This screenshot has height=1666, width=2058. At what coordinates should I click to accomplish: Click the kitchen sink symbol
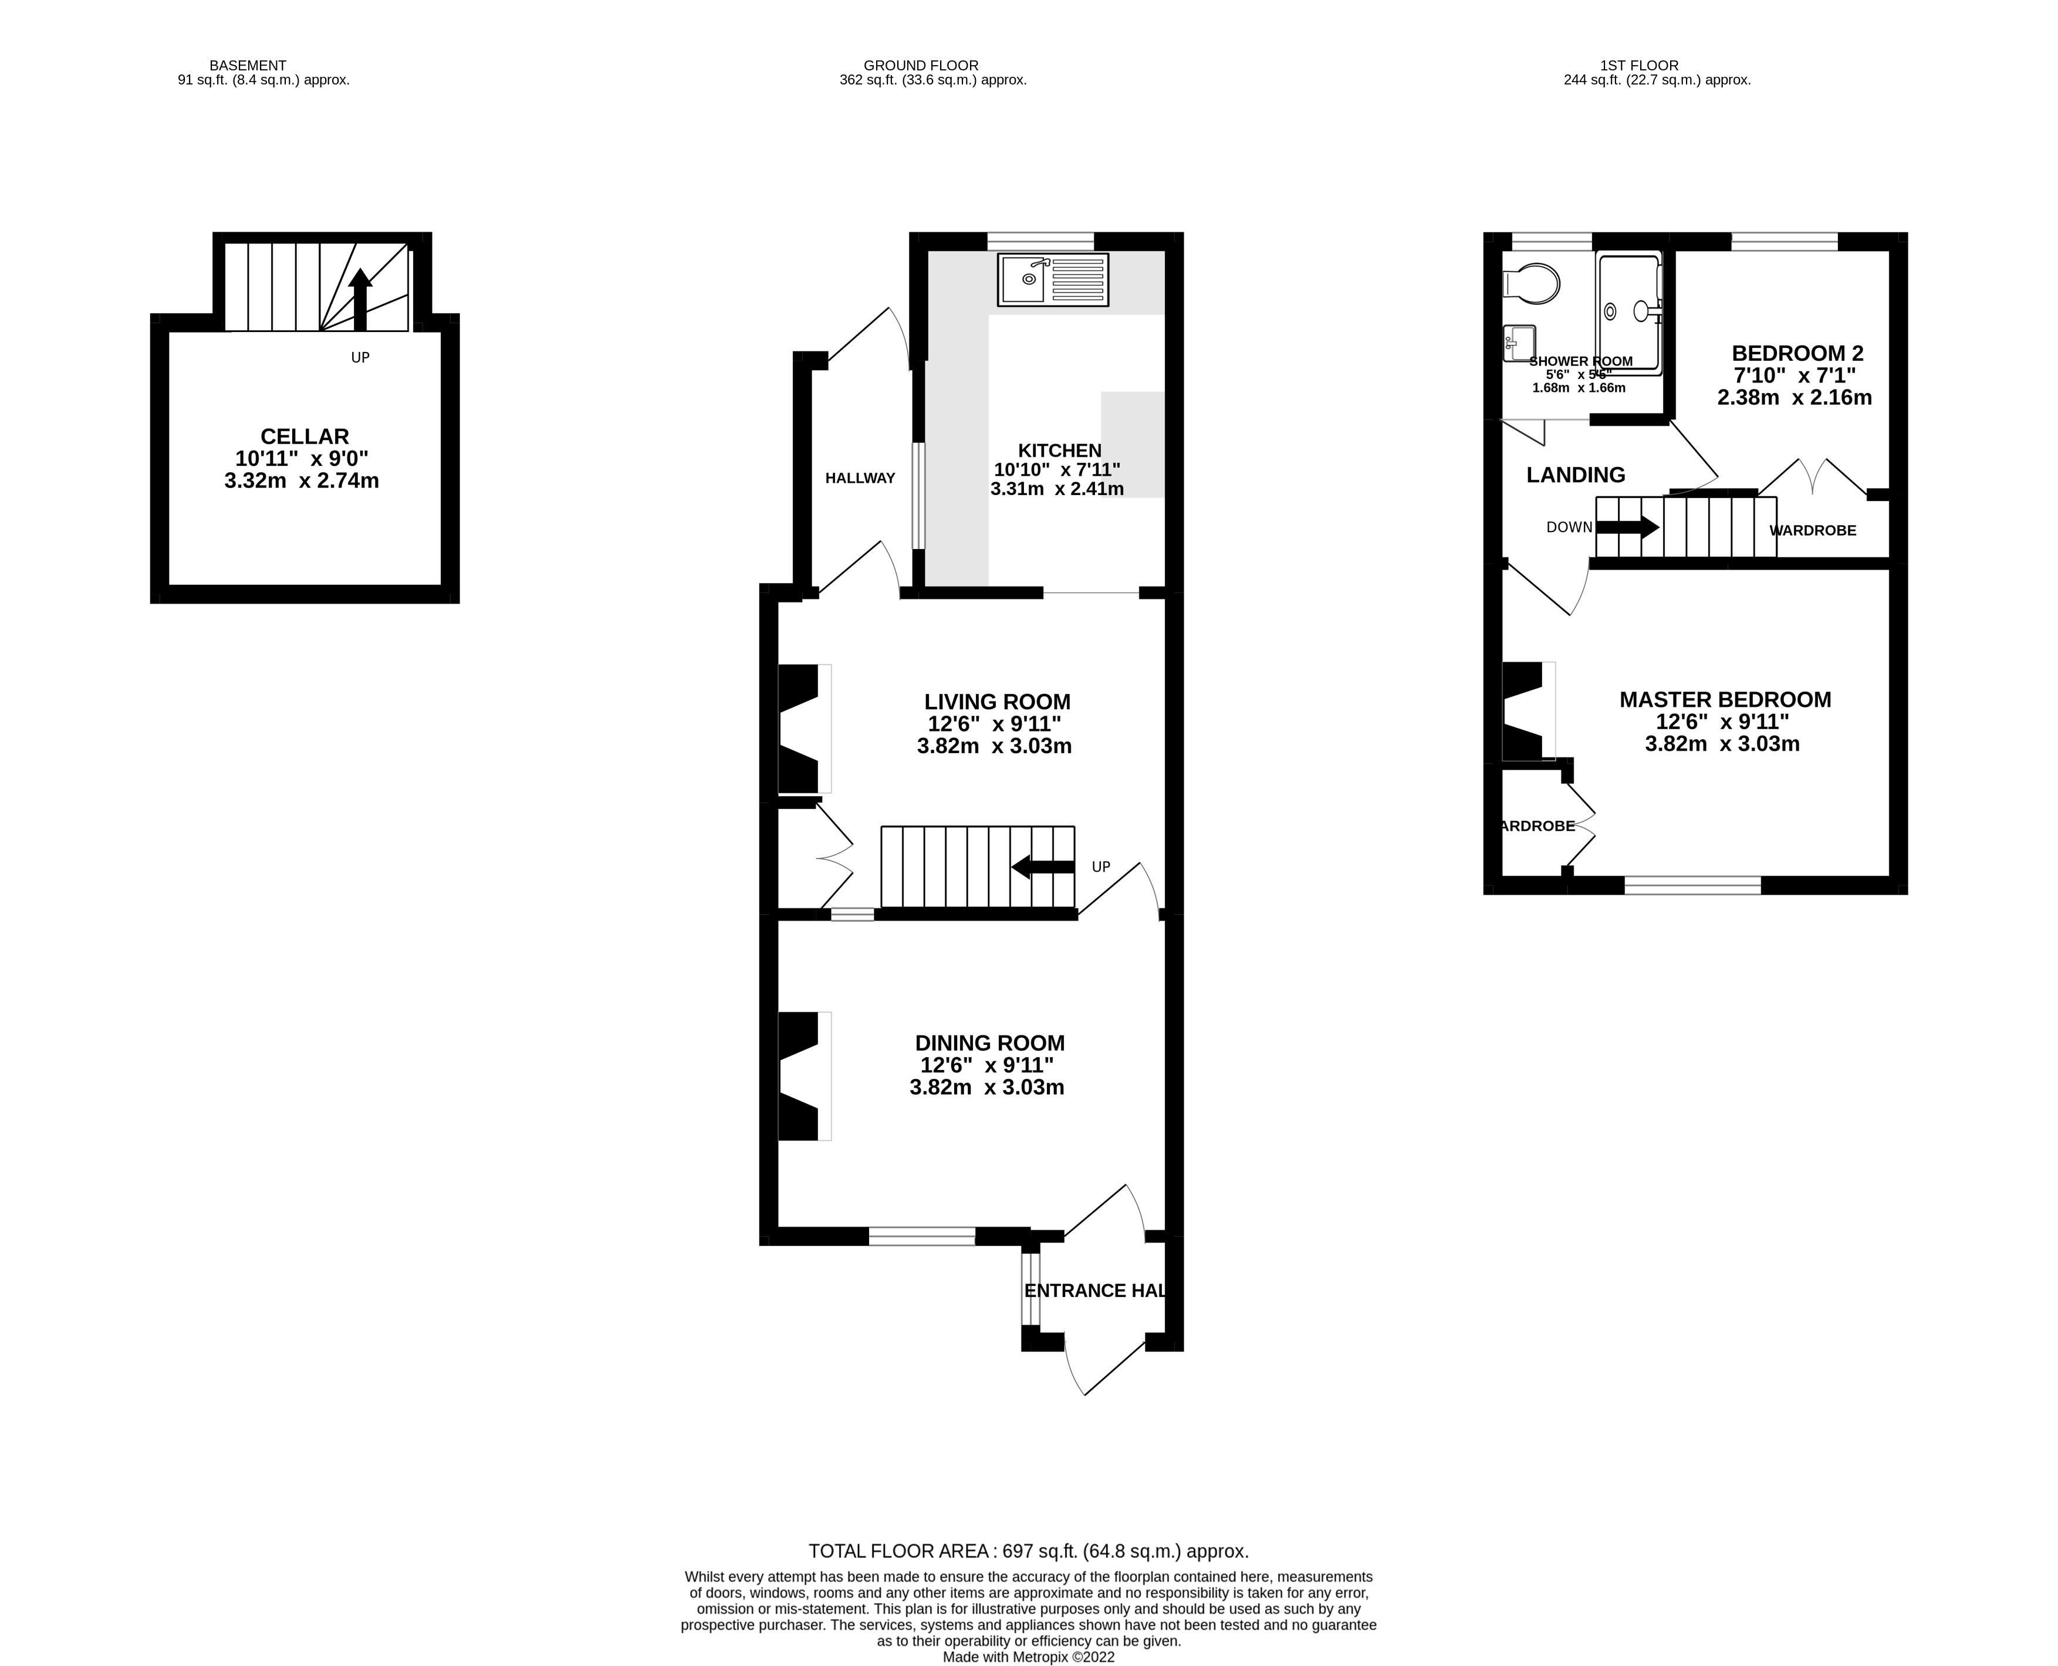click(1052, 279)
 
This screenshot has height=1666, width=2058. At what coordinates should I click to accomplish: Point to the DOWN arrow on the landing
click(1627, 527)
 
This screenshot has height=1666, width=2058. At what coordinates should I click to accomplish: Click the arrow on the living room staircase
click(1042, 866)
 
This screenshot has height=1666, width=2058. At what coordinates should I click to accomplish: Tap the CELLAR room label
click(305, 436)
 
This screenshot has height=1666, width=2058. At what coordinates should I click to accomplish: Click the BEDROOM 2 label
click(1797, 353)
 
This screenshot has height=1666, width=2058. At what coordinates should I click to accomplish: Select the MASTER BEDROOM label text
click(1725, 700)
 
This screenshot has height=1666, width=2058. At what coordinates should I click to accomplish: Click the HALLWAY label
click(860, 478)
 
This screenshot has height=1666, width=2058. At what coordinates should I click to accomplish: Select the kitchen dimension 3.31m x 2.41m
click(1057, 489)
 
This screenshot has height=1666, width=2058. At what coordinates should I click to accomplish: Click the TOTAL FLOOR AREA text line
click(1028, 1551)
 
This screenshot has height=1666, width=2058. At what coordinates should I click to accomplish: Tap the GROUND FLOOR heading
click(921, 65)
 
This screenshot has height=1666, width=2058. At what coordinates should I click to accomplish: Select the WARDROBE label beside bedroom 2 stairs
click(1812, 530)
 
